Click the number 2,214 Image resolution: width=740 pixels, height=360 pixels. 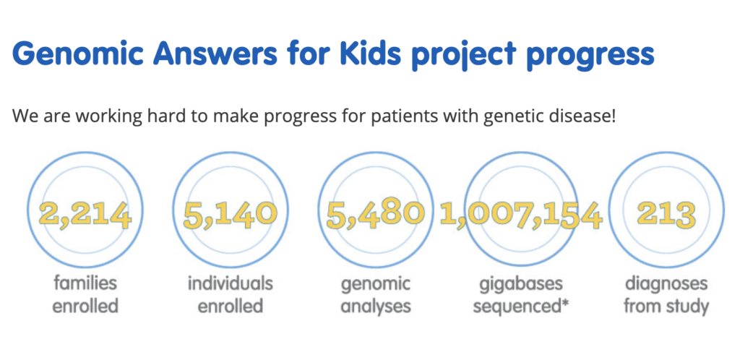coord(85,215)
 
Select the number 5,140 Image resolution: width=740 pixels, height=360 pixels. coord(229,215)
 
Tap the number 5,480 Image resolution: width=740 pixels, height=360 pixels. coord(374,215)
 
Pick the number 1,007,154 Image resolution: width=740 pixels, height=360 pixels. coord(521,215)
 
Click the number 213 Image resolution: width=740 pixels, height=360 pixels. coord(666,215)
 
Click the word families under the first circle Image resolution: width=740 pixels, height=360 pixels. coord(85,283)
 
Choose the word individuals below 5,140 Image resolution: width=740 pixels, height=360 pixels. coord(230,283)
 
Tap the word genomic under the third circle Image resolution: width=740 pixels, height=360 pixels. coord(375,286)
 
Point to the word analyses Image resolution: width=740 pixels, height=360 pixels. coord(375,307)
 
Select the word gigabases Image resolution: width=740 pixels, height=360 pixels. coord(521,286)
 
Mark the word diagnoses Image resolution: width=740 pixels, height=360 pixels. coord(666,286)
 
